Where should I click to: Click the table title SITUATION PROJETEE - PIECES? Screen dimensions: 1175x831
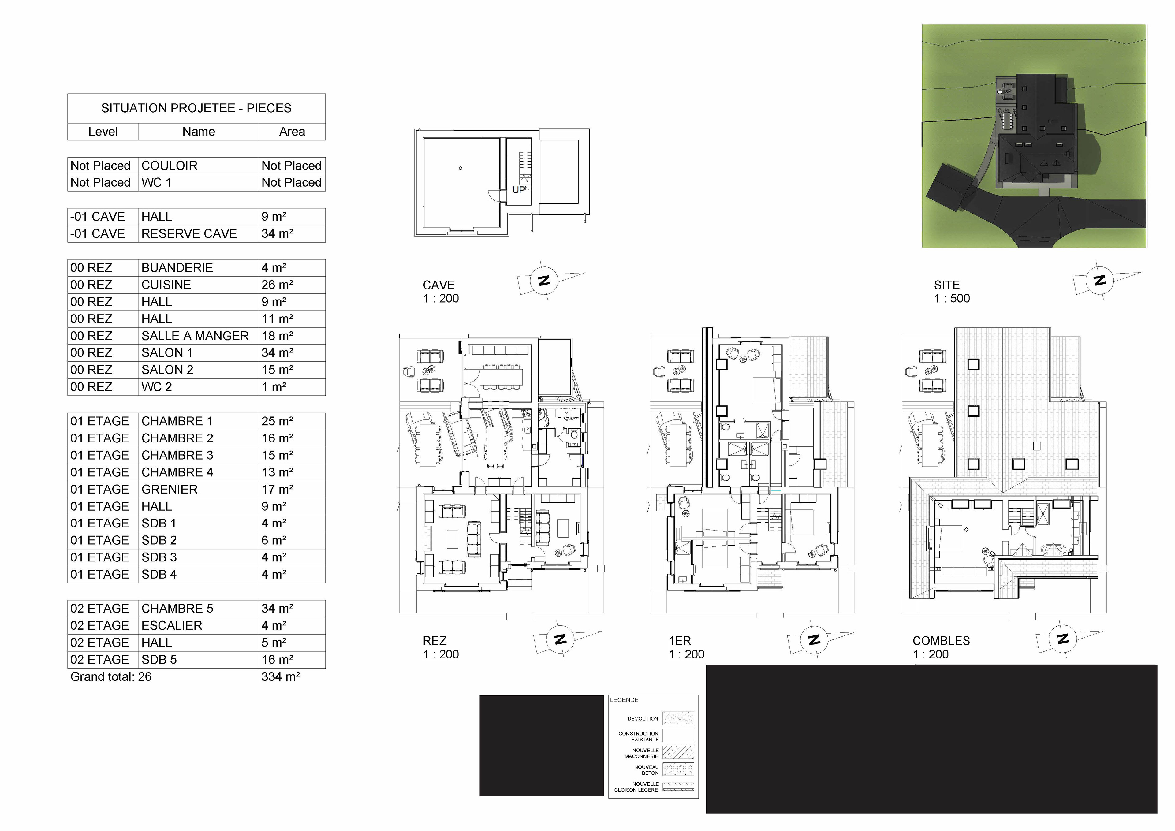[x=196, y=108]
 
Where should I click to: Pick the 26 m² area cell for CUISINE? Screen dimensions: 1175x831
[x=277, y=285]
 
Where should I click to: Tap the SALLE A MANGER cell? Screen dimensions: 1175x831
[x=195, y=336]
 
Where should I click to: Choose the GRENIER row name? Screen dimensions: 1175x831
[x=170, y=489]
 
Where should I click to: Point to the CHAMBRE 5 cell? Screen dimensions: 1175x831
[x=177, y=608]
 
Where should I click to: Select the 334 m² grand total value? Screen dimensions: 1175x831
[x=281, y=676]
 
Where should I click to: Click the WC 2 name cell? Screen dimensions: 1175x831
[x=157, y=387]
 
